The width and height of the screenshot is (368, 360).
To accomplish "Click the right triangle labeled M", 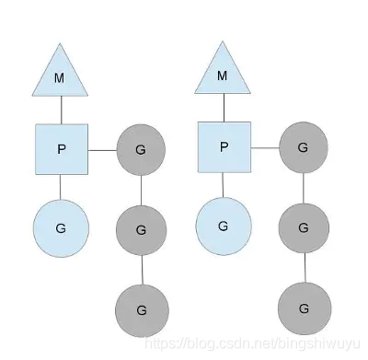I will coord(222,74).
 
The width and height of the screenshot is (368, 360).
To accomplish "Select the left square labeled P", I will coord(61,149).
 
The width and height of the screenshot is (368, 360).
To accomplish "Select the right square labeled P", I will coord(224,147).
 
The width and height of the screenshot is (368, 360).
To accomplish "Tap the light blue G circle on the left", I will coord(61,226).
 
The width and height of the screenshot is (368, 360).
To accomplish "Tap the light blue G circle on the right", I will coord(224,226).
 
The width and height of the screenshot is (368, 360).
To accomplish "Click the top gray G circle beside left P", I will coord(141,148).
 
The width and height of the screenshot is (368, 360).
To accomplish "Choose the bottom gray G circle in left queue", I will coord(141,309).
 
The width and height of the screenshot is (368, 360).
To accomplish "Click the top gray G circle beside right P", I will coord(305,147).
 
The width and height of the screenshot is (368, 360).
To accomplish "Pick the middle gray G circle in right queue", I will coord(305,224).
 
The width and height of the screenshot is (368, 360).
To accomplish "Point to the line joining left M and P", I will coord(61,110).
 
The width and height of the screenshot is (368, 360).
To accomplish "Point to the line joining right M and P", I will coord(224,108).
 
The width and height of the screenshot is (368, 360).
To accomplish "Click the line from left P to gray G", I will coord(102,149).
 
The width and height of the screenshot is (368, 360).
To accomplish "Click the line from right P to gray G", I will coord(265,147).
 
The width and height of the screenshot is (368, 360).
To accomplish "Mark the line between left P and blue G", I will coord(61,187).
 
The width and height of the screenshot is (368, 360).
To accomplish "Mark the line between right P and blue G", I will coord(224,186).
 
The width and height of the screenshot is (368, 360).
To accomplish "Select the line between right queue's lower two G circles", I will coord(305,266).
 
